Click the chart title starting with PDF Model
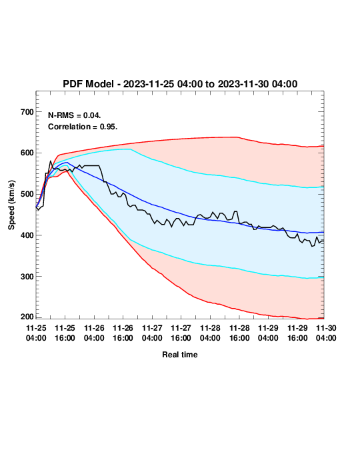click(180, 84)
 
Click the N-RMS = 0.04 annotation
click(75, 115)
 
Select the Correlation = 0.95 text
click(83, 127)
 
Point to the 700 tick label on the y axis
click(27, 112)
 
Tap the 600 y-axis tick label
click(27, 153)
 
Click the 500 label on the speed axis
click(27, 194)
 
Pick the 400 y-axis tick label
click(27, 235)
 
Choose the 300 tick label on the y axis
click(27, 277)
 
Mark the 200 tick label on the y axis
click(27, 317)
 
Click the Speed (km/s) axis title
click(11, 205)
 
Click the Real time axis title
click(180, 355)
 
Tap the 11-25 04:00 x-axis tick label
click(36, 333)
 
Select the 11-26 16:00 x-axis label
click(123, 333)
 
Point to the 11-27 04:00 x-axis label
click(152, 333)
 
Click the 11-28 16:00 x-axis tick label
click(239, 333)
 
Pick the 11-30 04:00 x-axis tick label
click(326, 333)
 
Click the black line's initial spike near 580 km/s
click(51, 161)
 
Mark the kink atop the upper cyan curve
click(130, 149)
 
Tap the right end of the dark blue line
click(323, 233)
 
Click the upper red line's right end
click(323, 146)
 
